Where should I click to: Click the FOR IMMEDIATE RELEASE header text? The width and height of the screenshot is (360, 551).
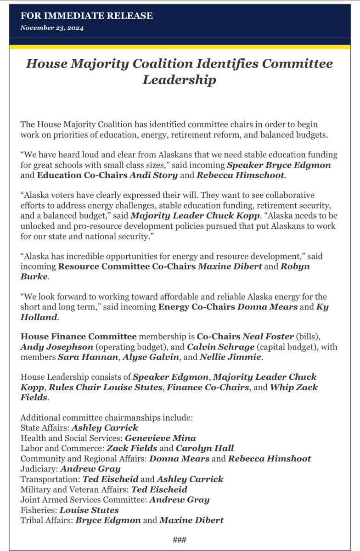87,16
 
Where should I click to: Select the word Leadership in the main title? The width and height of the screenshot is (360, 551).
179,80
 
